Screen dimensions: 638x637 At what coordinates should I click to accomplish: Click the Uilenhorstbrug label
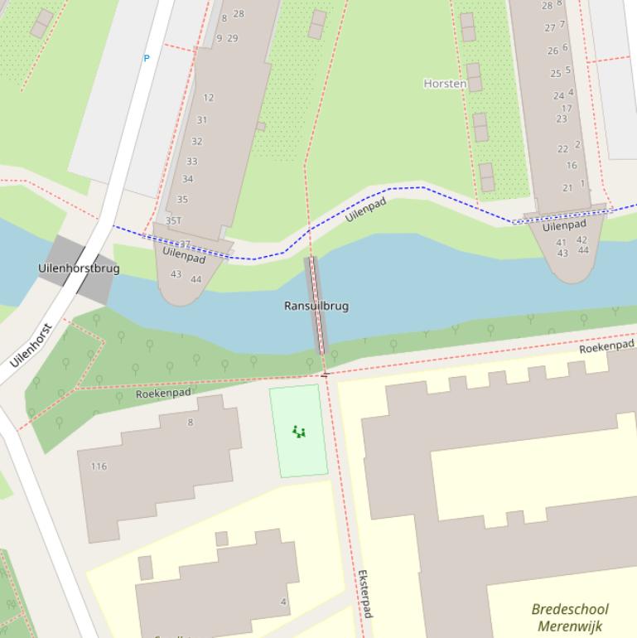79,268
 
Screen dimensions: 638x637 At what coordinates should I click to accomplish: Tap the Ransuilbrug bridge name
316,306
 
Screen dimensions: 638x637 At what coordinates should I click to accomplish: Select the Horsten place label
445,84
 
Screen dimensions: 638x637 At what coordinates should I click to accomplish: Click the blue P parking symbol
147,59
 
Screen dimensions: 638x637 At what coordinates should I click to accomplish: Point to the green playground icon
299,431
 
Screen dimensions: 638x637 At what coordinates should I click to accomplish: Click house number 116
99,466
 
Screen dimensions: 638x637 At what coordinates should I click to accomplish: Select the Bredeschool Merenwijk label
569,618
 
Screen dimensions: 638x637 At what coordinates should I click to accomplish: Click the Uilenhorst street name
31,346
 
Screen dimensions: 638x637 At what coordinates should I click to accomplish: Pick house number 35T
173,221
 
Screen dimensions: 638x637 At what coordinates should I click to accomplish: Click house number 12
208,98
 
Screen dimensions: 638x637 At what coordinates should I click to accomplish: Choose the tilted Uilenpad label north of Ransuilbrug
365,210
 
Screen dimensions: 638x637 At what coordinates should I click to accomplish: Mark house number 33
192,162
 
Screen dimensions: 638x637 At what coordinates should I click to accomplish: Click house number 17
567,109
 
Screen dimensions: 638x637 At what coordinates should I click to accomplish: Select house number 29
232,38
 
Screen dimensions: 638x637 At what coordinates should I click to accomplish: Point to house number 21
567,188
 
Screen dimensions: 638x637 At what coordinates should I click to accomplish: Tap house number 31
201,120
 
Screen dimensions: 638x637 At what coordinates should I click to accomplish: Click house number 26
553,51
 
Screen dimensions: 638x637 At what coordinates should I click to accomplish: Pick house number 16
572,166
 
